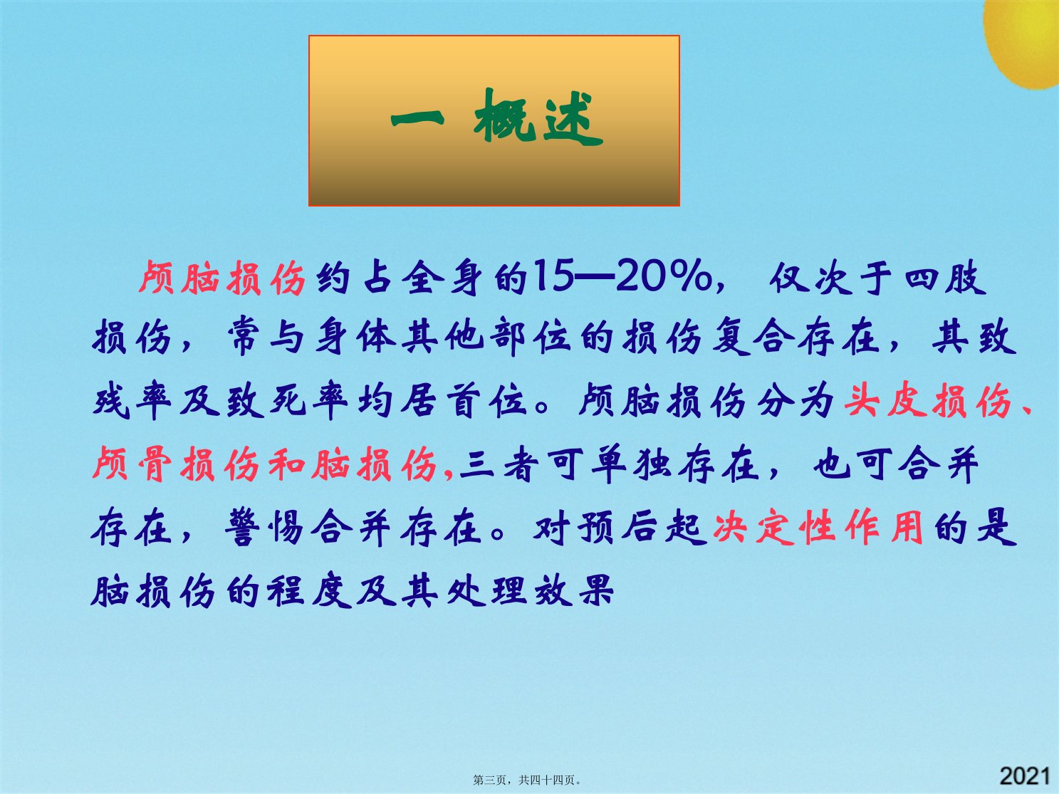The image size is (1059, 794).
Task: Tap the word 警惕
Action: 264,526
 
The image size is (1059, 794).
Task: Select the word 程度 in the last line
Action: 309,590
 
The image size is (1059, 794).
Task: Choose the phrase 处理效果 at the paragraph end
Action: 531,590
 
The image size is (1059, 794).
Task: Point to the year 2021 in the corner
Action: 1025,776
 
